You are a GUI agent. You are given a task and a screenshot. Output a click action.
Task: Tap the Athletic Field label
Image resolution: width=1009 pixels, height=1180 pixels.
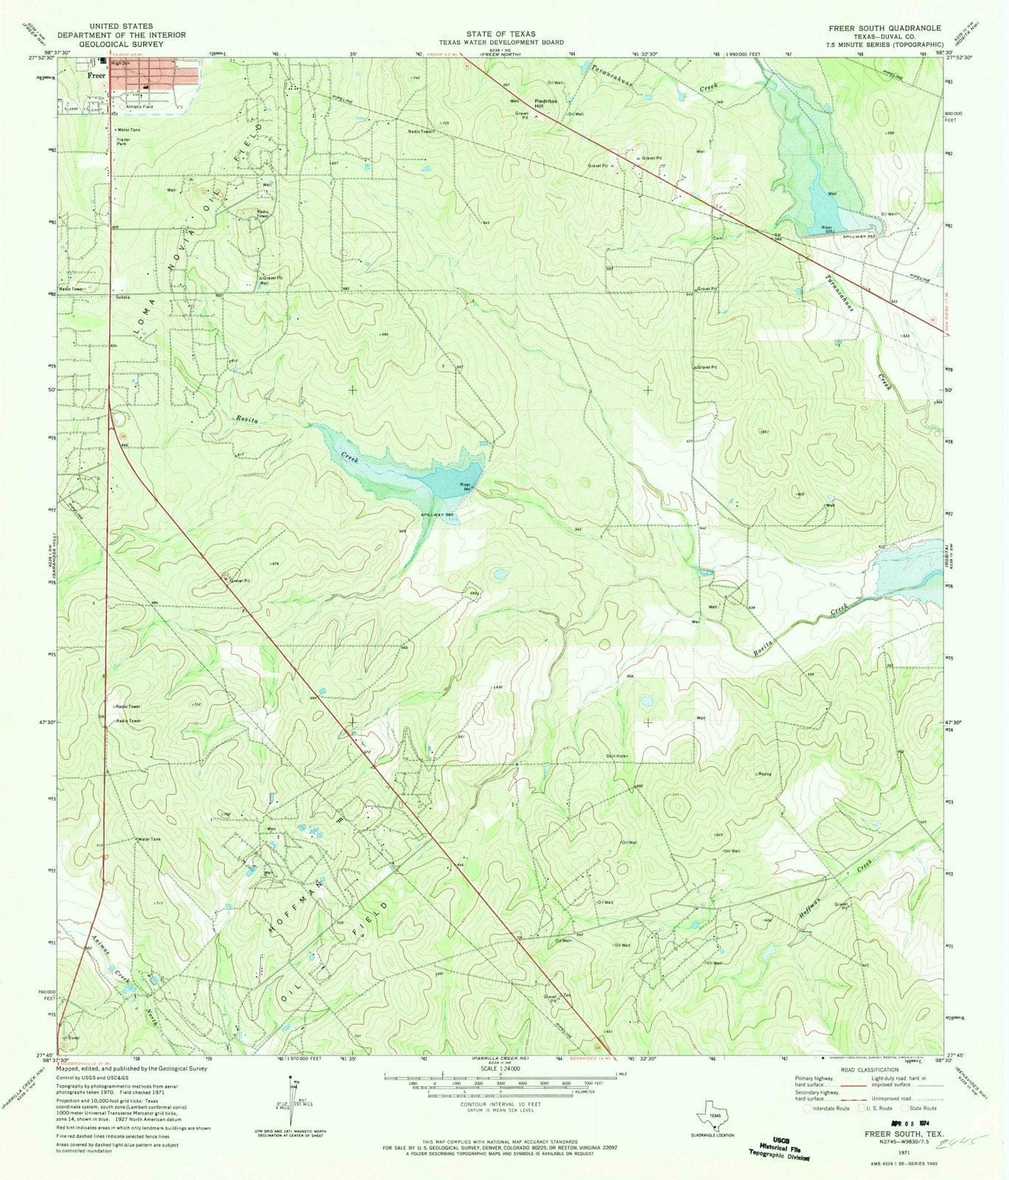pyautogui.click(x=139, y=107)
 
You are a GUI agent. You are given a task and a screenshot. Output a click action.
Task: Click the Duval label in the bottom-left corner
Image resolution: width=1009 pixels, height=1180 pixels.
pyautogui.click(x=72, y=1037)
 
